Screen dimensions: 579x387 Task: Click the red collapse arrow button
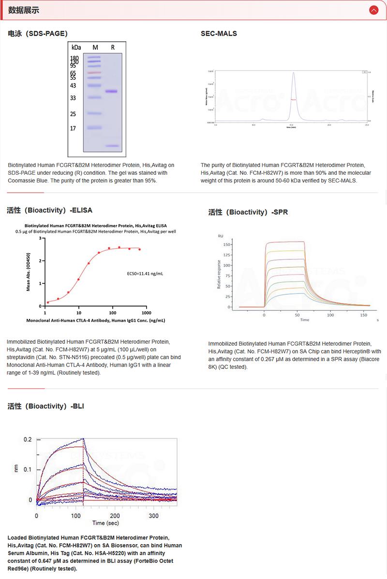(x=373, y=10)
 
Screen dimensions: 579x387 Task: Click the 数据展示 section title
(x=24, y=10)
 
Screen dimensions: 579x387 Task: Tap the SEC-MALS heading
(x=219, y=33)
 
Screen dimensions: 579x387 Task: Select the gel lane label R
(x=113, y=47)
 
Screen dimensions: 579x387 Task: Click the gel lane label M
(x=95, y=47)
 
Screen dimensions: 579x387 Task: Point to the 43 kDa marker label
(x=74, y=86)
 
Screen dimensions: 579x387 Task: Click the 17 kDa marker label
(x=74, y=128)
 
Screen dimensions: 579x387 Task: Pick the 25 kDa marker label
(x=74, y=114)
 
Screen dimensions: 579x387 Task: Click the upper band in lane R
(x=112, y=91)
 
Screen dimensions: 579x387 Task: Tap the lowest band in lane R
(x=112, y=146)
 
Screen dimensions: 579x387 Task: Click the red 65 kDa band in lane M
(x=94, y=73)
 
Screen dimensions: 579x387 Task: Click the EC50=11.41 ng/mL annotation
(x=144, y=274)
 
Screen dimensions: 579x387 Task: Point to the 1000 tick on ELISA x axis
(x=146, y=313)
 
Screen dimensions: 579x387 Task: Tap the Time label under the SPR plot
(x=304, y=320)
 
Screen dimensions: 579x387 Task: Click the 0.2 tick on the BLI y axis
(x=28, y=440)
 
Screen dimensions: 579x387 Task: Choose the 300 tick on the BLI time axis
(x=153, y=516)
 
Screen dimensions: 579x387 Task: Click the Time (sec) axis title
(x=105, y=523)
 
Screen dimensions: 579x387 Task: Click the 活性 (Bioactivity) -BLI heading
(x=46, y=406)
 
